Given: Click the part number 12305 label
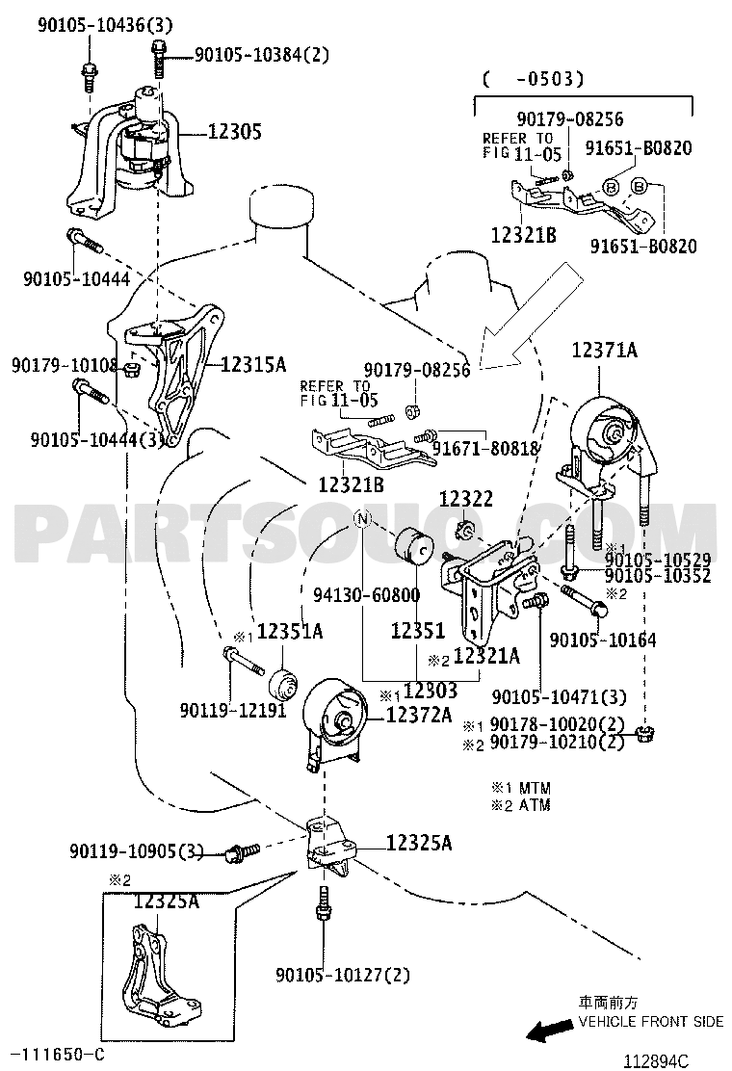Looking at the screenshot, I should [x=235, y=132].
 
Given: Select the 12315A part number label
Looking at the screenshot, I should [x=253, y=365].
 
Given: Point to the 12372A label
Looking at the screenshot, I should [x=419, y=715].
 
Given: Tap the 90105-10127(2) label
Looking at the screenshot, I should [x=342, y=975].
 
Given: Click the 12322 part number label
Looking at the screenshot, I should [x=466, y=499].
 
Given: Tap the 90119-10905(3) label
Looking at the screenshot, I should [x=137, y=851].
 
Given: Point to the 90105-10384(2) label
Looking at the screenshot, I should [x=261, y=55].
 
